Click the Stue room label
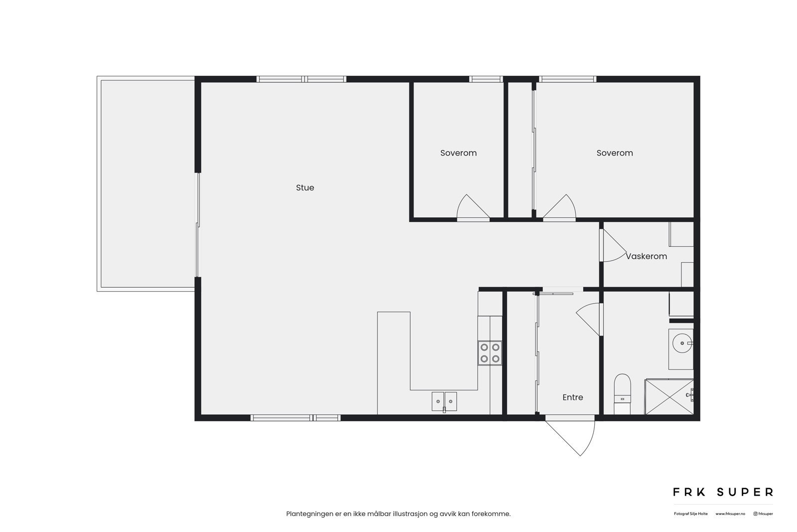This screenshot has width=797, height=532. tap(305, 187)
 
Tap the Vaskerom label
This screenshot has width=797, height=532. tap(647, 256)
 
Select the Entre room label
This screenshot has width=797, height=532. tap(572, 397)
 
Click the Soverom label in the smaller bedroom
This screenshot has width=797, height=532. tap(458, 153)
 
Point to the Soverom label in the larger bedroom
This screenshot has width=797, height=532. tap(614, 153)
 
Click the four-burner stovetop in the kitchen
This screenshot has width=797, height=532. tap(490, 353)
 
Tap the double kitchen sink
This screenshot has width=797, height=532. tap(444, 401)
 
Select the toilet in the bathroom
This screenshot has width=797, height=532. tap(622, 393)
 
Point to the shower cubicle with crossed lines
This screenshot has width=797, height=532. tap(668, 397)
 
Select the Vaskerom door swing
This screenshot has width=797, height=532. tap(613, 247)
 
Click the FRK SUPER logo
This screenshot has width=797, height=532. tap(723, 492)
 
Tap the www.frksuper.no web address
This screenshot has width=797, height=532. tap(730, 514)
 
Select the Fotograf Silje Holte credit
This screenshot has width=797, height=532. tap(690, 514)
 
